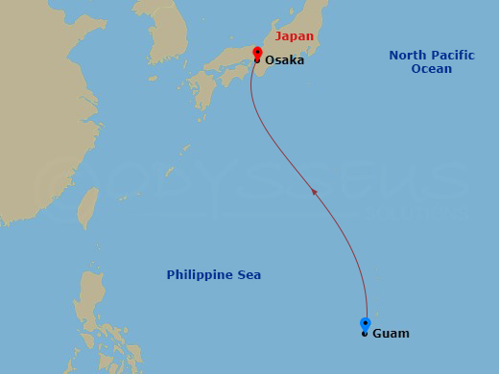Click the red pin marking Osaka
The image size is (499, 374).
tap(257, 52)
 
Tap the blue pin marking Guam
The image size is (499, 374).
tap(365, 323)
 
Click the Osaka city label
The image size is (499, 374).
tap(284, 59)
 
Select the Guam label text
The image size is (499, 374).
tap(390, 334)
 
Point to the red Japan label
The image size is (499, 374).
tap(294, 36)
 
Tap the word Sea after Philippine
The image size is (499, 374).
tap(249, 275)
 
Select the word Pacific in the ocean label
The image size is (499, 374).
tap(452, 56)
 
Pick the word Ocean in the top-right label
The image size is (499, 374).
tap(431, 69)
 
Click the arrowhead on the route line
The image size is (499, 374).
tap(315, 193)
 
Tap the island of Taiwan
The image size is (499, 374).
tap(87, 203)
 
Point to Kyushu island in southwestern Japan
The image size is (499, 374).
tap(204, 91)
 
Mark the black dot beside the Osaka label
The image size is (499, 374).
tap(257, 60)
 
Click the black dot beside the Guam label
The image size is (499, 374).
tap(365, 334)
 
